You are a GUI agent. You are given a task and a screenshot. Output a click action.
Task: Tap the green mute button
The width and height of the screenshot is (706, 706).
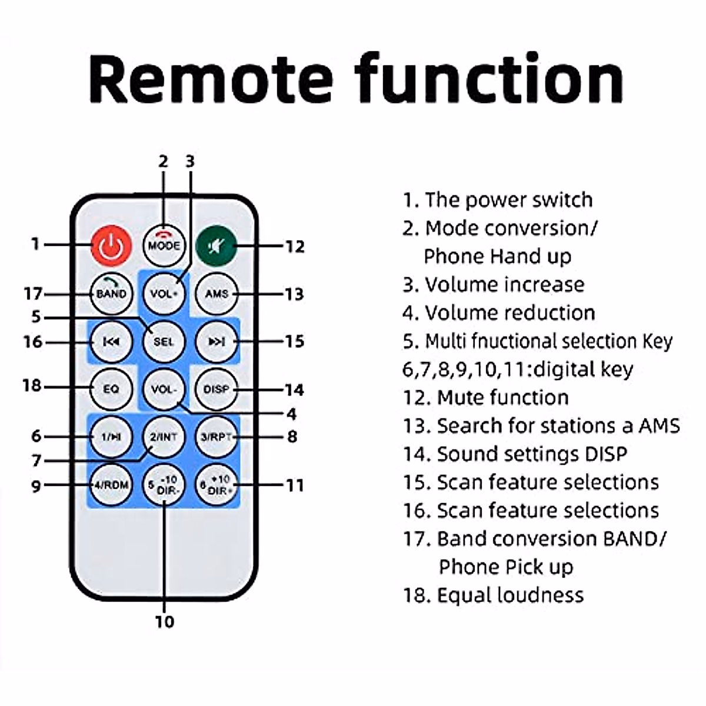[217, 245]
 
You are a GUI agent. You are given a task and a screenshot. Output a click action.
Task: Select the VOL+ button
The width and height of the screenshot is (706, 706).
[164, 293]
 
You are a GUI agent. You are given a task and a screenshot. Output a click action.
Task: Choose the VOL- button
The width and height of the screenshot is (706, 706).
[164, 389]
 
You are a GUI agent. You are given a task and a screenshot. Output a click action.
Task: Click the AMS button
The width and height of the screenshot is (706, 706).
[217, 293]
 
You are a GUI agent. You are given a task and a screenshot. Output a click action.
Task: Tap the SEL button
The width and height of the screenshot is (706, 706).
[164, 341]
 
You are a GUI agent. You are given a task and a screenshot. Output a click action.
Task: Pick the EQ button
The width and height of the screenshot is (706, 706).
[111, 389]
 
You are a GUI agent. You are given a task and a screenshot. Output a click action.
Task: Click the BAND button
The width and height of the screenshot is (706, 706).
[111, 293]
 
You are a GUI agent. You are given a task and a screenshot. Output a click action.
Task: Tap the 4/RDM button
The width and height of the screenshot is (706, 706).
[111, 485]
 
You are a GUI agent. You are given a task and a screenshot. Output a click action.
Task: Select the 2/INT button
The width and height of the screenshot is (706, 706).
[164, 437]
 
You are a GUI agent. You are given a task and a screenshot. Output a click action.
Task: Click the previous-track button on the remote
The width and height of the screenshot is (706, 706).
[111, 341]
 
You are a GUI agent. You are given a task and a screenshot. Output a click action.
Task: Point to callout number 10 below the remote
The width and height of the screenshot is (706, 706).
[165, 621]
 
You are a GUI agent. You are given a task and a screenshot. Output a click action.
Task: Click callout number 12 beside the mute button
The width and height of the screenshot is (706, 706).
[295, 246]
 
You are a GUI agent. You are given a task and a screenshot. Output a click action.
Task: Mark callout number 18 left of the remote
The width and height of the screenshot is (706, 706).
[33, 386]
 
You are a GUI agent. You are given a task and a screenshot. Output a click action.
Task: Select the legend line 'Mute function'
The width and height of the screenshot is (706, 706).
[485, 398]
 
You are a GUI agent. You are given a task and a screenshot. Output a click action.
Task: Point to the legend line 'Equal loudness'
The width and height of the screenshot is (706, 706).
[493, 595]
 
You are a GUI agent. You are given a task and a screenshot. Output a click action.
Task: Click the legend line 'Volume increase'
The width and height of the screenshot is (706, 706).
[493, 285]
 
